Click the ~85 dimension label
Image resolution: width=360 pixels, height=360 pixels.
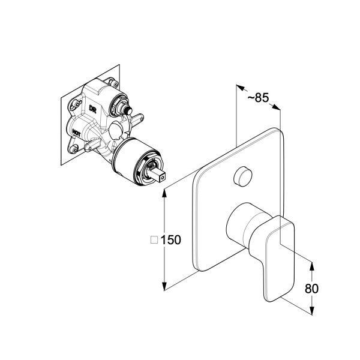(x=258, y=98)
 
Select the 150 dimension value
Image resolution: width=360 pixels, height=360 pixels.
(x=171, y=240)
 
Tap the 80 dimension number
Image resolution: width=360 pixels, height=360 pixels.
(x=311, y=289)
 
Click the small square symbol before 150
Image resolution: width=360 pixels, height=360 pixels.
(x=154, y=240)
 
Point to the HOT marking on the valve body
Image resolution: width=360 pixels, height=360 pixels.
(x=76, y=133)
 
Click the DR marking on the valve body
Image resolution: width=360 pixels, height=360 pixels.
(x=93, y=109)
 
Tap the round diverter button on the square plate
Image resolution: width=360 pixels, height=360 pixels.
(x=242, y=176)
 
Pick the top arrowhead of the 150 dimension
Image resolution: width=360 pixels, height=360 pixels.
(x=164, y=193)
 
